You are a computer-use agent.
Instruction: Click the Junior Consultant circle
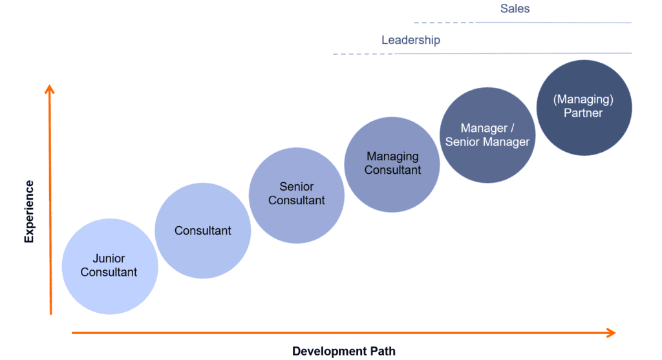click(110, 266)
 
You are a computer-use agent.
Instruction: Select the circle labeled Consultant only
click(202, 231)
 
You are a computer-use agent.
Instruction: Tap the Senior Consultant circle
click(296, 195)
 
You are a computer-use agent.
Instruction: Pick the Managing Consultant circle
click(392, 165)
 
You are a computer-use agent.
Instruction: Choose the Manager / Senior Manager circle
click(487, 135)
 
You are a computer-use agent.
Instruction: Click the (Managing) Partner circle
click(584, 108)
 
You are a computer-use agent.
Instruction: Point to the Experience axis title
click(28, 211)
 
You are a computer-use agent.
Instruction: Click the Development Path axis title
click(344, 351)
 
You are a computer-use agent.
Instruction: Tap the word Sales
click(515, 8)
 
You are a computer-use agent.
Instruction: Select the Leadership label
click(411, 40)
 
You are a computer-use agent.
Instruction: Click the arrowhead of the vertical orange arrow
click(50, 89)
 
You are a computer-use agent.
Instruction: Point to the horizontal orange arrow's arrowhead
click(612, 333)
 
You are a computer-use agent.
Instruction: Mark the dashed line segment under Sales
click(445, 23)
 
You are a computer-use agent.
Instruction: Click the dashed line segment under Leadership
click(363, 54)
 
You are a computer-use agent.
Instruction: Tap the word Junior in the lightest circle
click(109, 259)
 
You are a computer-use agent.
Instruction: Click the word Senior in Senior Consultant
click(296, 187)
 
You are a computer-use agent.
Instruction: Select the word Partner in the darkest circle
click(583, 113)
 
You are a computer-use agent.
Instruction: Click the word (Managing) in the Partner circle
click(583, 100)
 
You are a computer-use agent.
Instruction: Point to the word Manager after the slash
click(506, 142)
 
